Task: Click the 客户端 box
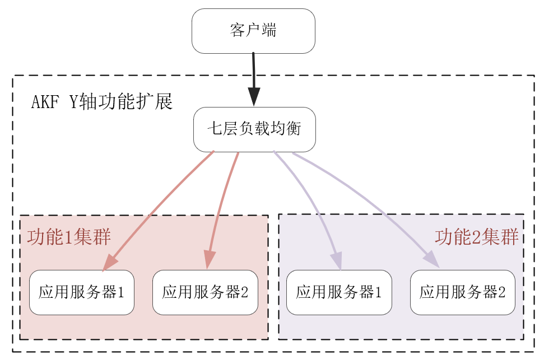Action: pos(253,31)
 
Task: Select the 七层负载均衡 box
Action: pos(254,129)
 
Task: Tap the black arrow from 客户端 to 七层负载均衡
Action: pos(254,73)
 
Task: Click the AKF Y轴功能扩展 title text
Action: pos(101,102)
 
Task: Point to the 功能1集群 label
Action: pos(68,236)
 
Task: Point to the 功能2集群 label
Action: pos(476,237)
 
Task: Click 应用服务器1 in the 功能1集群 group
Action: pos(81,292)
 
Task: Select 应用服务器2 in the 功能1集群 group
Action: pos(205,292)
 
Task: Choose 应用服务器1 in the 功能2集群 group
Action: pos(339,292)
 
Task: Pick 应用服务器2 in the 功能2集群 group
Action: pos(462,292)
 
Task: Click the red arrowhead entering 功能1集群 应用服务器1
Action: pos(110,262)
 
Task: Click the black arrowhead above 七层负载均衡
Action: pos(254,99)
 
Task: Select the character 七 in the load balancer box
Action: pos(215,129)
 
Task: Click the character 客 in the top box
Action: pos(237,31)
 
